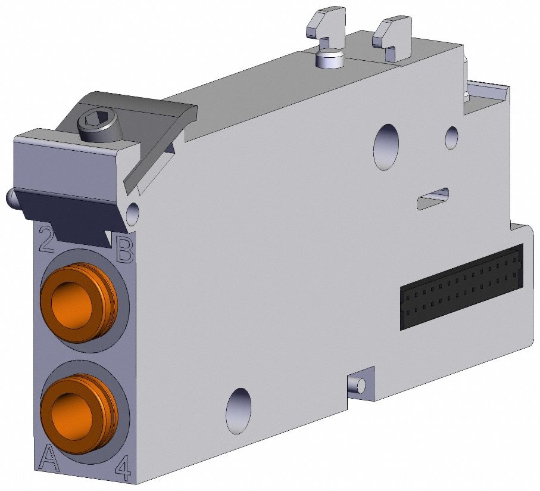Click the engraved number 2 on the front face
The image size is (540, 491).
click(48, 238)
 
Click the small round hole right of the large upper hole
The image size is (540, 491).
click(452, 137)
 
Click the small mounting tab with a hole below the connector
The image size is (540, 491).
click(360, 385)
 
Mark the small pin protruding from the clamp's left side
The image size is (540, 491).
click(10, 197)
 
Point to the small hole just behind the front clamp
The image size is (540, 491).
click(133, 210)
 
